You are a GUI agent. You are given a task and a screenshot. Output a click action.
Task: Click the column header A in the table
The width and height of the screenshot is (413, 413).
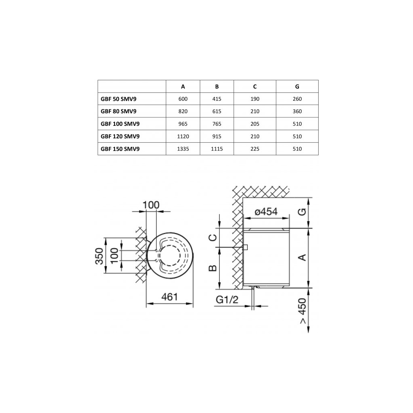[x=183, y=86]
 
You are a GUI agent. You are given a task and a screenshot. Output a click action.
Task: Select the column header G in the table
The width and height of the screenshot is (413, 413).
[x=297, y=86]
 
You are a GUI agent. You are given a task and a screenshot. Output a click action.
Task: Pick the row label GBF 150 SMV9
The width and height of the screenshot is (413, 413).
[x=121, y=149]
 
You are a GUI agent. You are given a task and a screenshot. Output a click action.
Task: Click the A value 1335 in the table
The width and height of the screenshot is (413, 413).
[x=183, y=149]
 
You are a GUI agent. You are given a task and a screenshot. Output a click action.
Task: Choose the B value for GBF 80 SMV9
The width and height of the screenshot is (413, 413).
[x=217, y=111]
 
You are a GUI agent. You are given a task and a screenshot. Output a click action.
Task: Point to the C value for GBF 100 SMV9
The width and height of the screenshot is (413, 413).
[x=255, y=124]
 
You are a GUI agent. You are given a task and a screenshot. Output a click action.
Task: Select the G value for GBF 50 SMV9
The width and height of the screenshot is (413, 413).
[x=297, y=99]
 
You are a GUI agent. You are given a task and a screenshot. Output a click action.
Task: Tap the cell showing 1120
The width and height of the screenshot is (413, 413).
[x=183, y=136]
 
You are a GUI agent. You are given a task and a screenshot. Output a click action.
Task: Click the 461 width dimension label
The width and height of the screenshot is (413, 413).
[x=169, y=297]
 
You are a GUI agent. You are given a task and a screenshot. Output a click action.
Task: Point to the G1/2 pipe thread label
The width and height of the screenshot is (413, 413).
[x=227, y=300]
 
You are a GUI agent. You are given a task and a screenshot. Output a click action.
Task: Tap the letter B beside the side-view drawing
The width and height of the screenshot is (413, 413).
[x=214, y=268]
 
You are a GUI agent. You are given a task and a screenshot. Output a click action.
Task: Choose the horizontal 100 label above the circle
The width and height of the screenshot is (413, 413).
[x=151, y=205]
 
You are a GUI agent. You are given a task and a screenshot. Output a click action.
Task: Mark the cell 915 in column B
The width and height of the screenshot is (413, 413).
[x=217, y=136]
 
